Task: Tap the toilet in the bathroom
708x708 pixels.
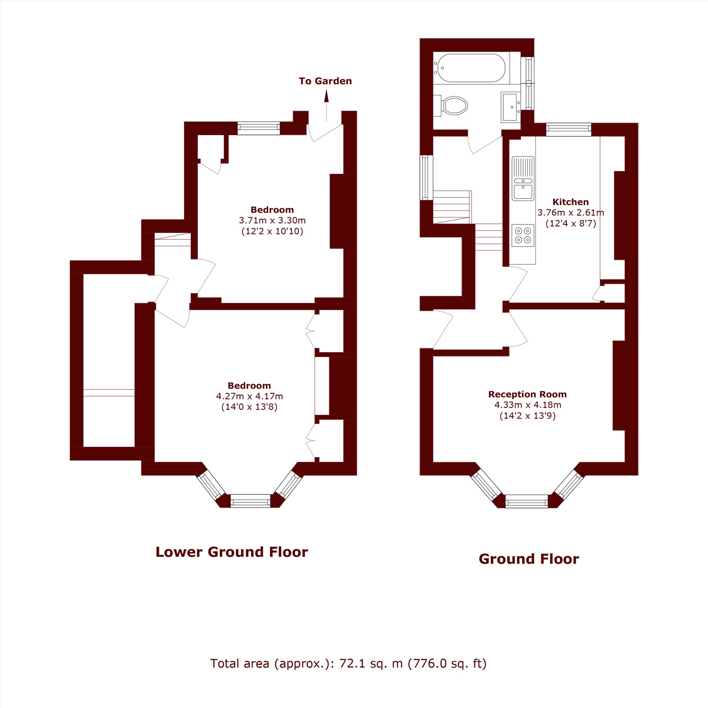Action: point(450,106)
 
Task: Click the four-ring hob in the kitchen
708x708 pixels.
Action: point(523,235)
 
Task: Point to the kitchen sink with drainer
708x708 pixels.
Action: point(523,178)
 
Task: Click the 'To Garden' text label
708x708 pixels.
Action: point(325,81)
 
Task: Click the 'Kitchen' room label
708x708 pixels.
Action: point(571,202)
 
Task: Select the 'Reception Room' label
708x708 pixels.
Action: point(527,394)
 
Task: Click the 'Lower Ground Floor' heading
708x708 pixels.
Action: point(232,552)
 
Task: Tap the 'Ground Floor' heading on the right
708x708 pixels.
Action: point(529,559)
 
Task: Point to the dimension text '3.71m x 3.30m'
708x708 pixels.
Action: point(272,221)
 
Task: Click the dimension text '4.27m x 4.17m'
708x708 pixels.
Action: point(250,396)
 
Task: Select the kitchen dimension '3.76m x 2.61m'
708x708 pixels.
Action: point(571,212)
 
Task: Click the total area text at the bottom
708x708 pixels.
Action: point(348,674)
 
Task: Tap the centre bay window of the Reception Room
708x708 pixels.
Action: point(527,501)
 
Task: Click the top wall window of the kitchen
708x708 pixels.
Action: point(569,130)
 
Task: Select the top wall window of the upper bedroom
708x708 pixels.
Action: point(259,128)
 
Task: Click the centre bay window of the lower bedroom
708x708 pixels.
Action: point(250,501)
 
